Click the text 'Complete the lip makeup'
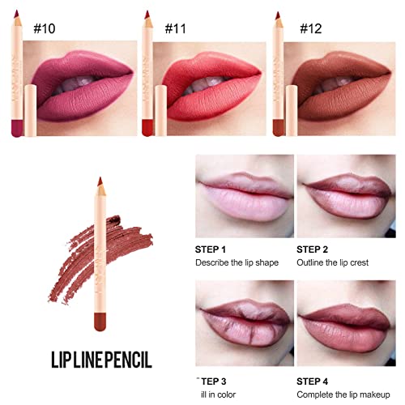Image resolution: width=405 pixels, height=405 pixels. point(347,374)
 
